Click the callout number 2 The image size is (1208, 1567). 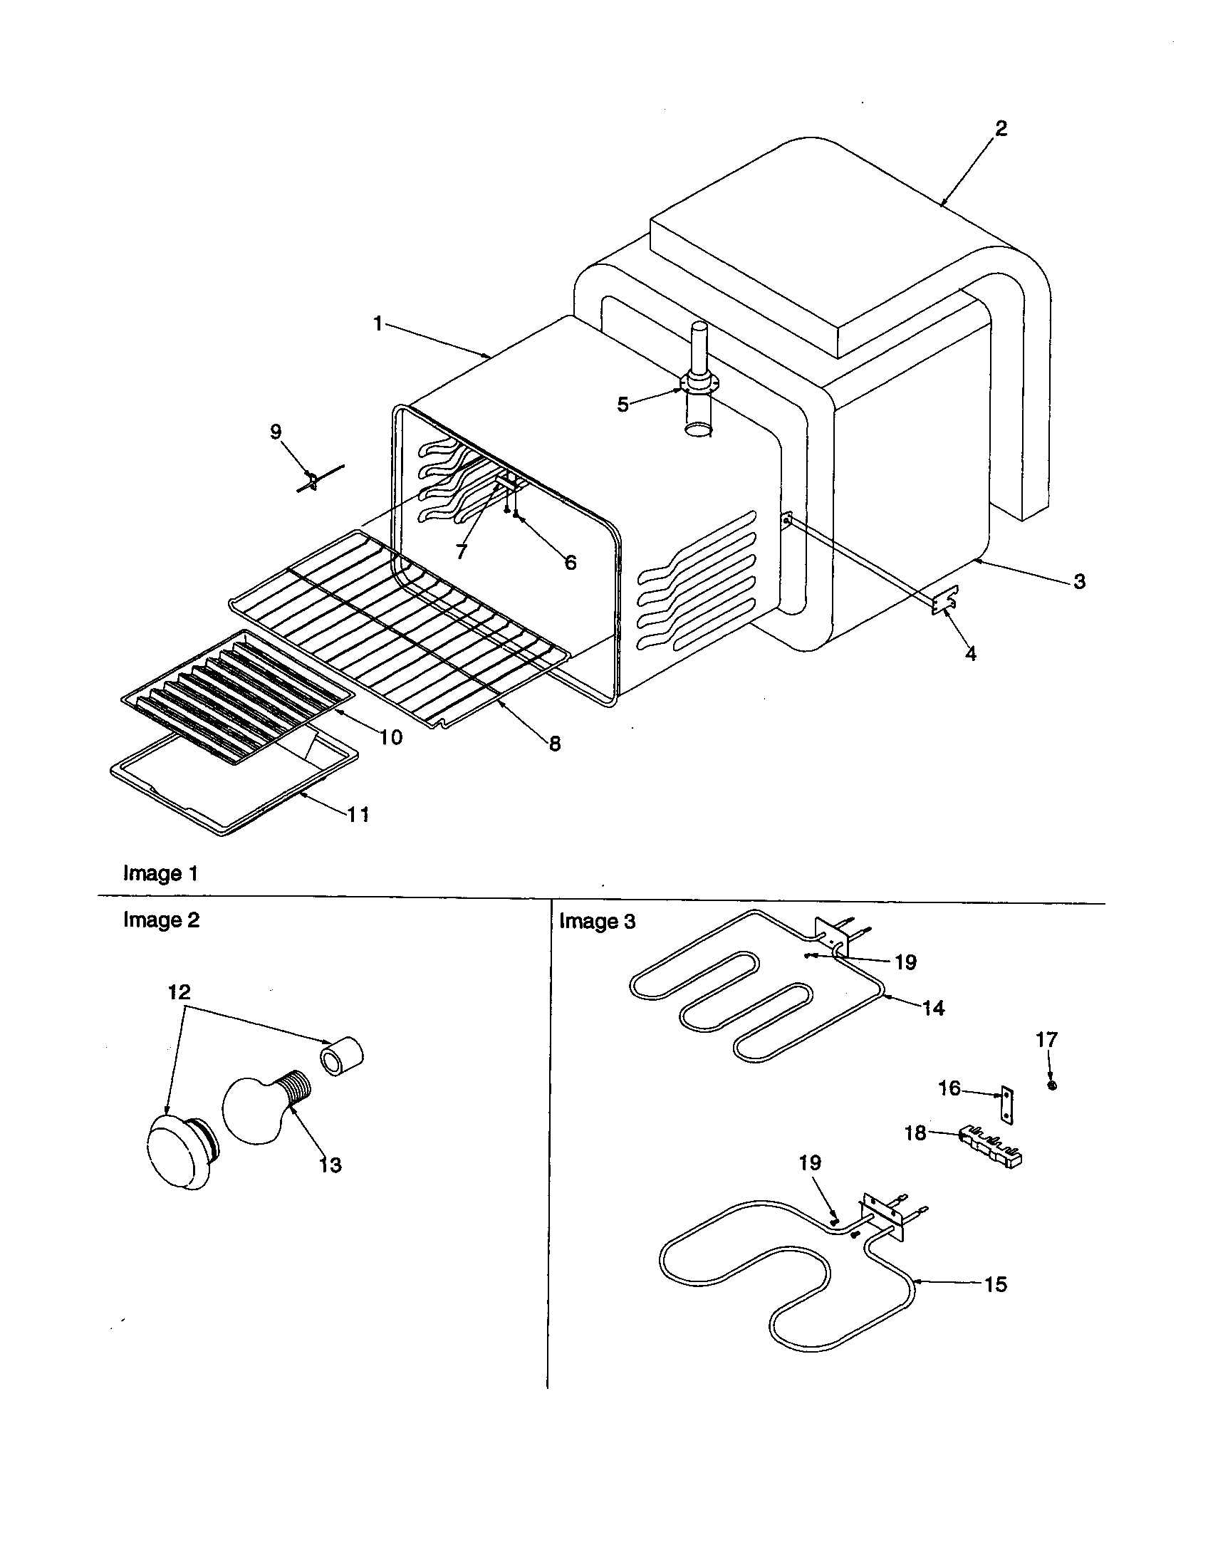click(1001, 128)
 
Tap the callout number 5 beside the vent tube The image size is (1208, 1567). click(623, 405)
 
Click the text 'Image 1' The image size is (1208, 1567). click(161, 873)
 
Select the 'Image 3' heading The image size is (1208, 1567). click(597, 921)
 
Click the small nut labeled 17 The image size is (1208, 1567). click(1051, 1086)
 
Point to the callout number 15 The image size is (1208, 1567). click(996, 1284)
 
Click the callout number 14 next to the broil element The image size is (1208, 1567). click(933, 1008)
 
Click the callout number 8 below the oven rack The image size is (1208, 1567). click(555, 744)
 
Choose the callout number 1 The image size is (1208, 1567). click(378, 323)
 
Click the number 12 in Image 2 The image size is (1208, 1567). click(179, 992)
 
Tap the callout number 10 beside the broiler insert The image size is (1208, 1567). click(391, 737)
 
